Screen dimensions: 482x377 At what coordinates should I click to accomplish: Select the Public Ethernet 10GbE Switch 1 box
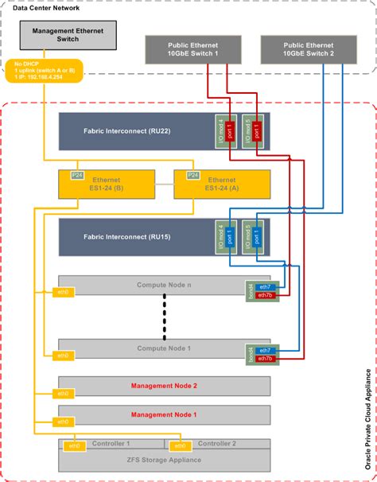[x=192, y=49]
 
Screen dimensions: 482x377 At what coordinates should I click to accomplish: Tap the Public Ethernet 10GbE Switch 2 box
[x=309, y=49]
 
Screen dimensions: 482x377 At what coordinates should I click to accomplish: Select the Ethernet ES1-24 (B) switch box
[x=106, y=185]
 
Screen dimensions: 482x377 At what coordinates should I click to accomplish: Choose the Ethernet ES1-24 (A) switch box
[x=220, y=185]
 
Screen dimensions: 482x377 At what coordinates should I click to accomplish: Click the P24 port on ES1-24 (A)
[x=192, y=174]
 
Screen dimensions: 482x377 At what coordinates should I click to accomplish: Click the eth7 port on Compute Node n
[x=264, y=286]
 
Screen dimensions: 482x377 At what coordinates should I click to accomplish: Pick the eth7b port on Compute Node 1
[x=264, y=359]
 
